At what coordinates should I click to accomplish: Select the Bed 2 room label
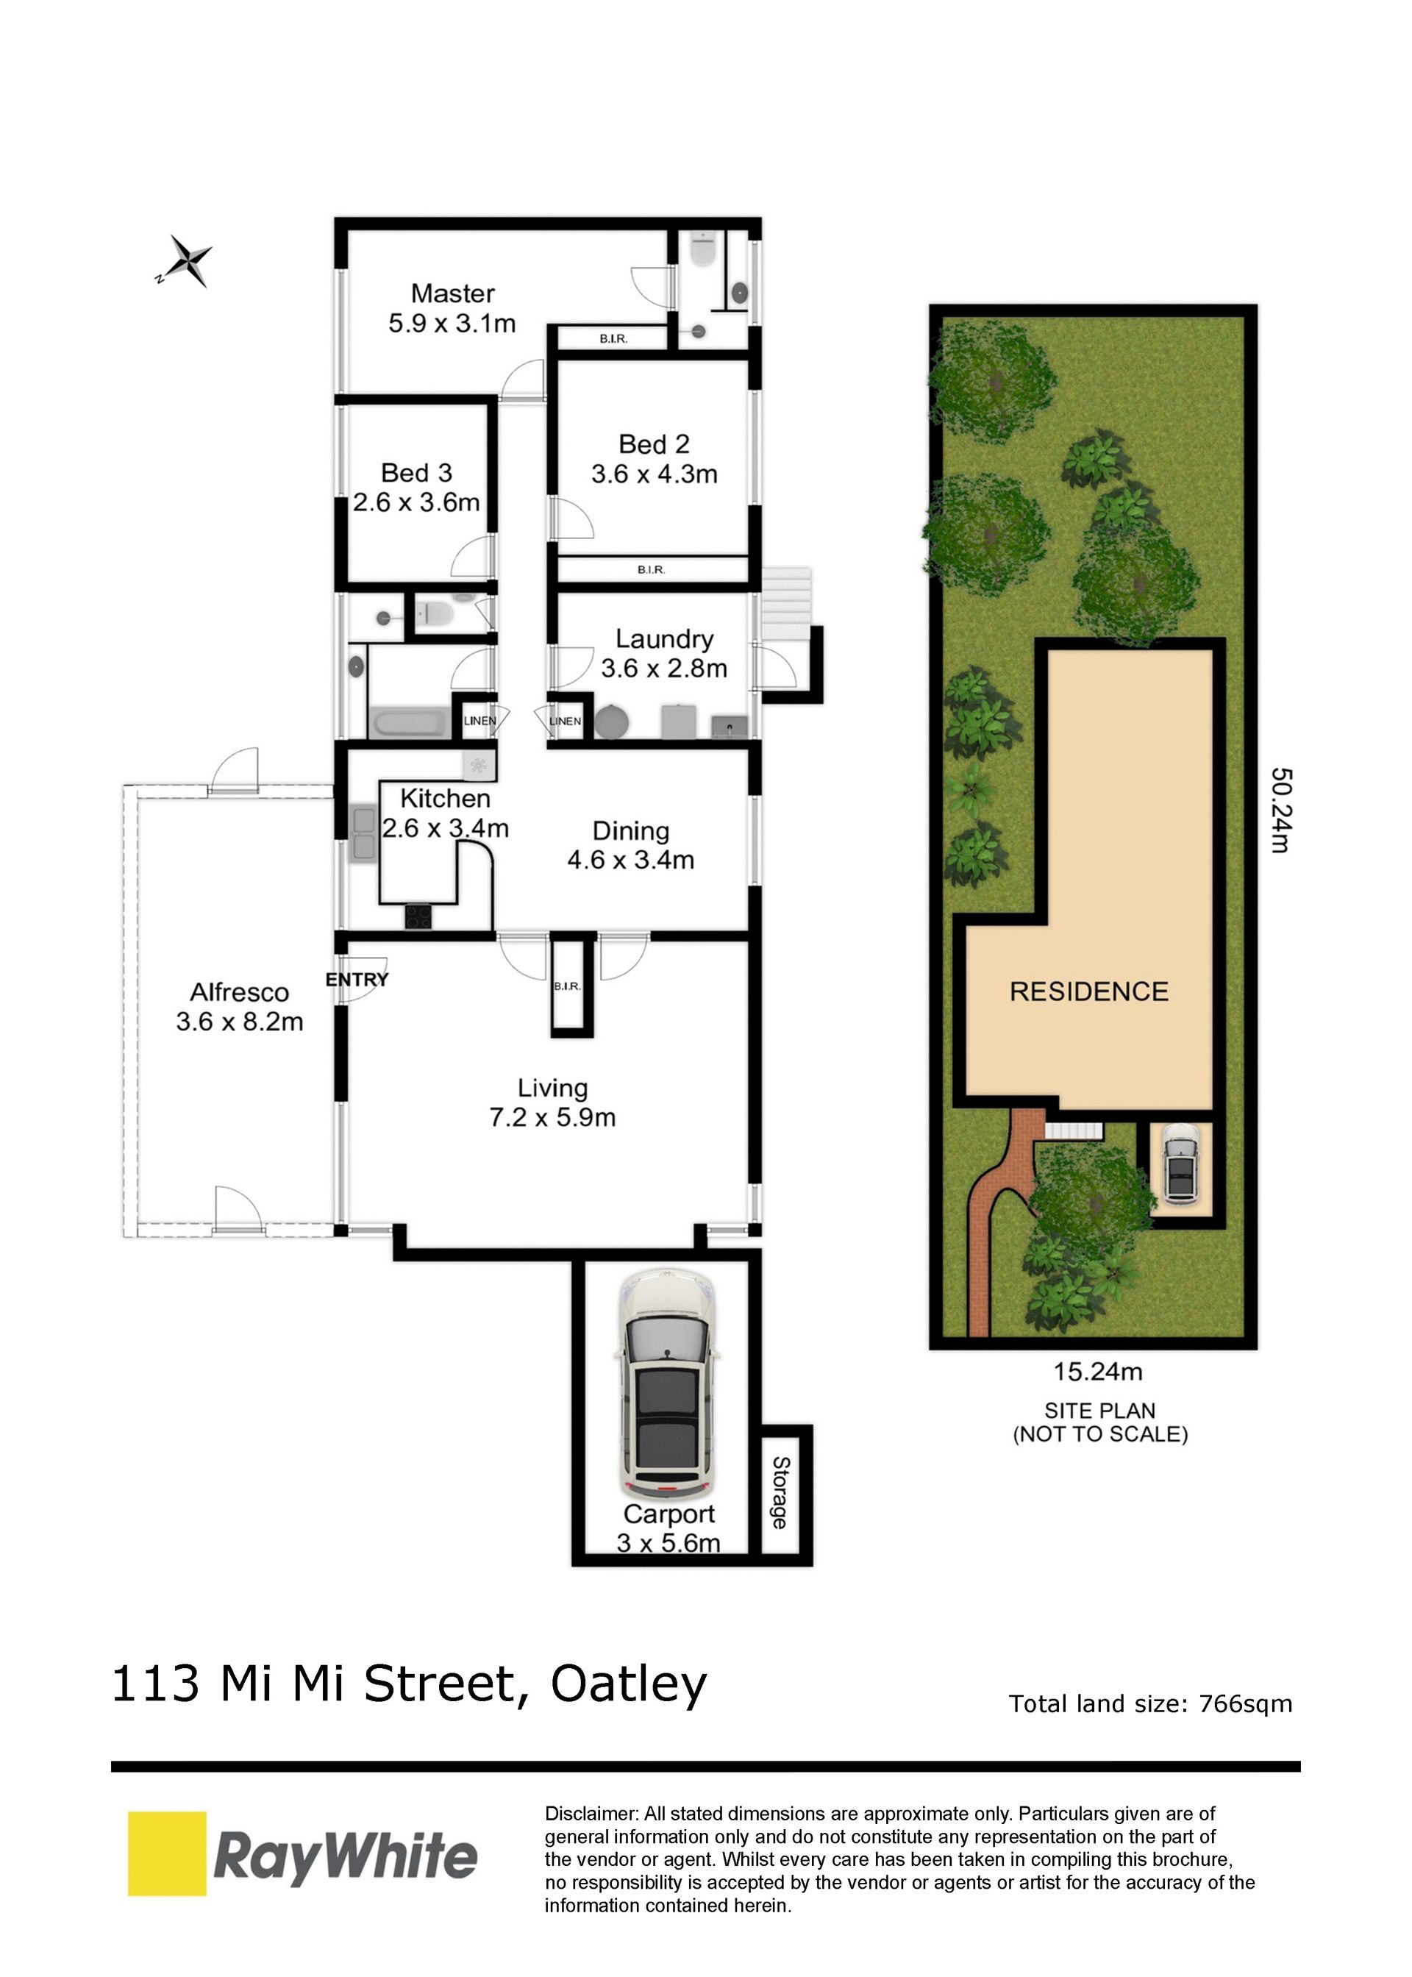tap(654, 444)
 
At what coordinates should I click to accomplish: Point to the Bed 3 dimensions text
tap(416, 502)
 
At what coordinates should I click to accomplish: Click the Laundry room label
tap(664, 639)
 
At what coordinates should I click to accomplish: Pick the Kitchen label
tap(445, 798)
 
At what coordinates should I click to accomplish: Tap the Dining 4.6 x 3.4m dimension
tap(631, 860)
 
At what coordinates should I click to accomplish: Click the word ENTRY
tap(357, 980)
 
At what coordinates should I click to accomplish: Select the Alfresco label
tap(239, 992)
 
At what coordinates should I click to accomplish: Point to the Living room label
tap(553, 1088)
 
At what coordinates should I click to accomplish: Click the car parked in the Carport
tap(667, 1384)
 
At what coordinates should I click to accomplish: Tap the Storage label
tap(780, 1493)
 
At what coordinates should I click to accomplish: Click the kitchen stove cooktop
tap(418, 916)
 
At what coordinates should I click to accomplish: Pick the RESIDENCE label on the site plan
tap(1088, 991)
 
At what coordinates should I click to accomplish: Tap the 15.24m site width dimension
tap(1098, 1372)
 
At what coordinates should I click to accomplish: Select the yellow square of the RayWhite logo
tap(167, 1853)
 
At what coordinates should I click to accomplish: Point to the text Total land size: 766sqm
tap(1150, 1703)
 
